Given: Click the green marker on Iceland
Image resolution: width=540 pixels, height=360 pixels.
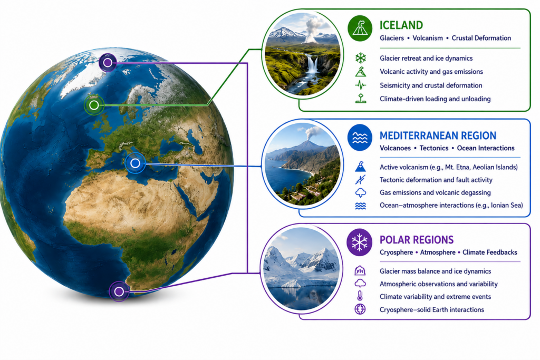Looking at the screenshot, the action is (x=94, y=105).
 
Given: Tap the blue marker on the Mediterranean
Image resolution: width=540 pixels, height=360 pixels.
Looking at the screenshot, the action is (x=135, y=163).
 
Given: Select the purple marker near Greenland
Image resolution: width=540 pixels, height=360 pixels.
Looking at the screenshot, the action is (x=108, y=63).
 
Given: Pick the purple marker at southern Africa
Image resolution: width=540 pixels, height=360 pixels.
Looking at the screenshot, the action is (x=119, y=291).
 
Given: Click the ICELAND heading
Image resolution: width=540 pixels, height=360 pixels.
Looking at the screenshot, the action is (x=401, y=25).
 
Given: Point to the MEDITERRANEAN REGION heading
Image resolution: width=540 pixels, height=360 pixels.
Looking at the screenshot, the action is (x=438, y=135).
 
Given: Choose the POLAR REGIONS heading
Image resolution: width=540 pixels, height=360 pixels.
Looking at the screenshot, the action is (x=417, y=240).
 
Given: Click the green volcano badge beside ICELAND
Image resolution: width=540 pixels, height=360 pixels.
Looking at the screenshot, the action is (x=360, y=28).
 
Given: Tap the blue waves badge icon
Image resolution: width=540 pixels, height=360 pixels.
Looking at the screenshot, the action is (x=360, y=138).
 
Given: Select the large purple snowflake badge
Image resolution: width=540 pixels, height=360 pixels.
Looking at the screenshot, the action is (x=360, y=242).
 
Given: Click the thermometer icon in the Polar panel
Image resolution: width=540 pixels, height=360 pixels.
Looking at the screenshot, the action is (x=360, y=296).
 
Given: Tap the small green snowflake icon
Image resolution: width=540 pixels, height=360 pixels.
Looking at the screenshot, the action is (x=361, y=58).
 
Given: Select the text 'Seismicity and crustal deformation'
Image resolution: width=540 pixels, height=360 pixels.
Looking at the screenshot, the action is (x=431, y=85).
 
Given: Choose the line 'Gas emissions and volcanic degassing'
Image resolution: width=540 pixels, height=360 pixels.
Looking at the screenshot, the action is (x=435, y=193).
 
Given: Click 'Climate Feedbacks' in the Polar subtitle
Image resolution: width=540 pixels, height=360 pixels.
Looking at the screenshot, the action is (x=490, y=252).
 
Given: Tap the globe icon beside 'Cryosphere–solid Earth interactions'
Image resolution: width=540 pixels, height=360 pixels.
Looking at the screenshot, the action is (x=360, y=309).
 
